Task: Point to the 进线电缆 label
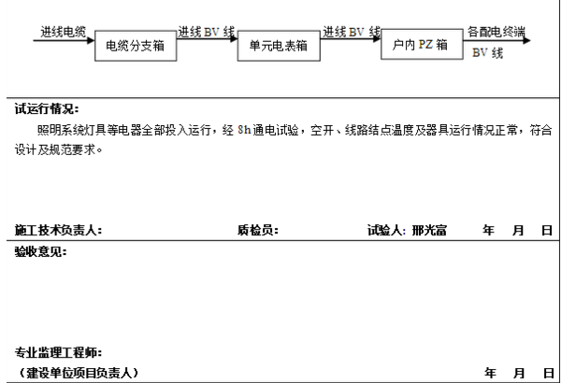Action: click(x=63, y=31)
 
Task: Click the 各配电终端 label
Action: click(x=496, y=31)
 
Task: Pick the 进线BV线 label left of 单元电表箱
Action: click(x=206, y=31)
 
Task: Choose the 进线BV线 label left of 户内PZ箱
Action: click(x=351, y=31)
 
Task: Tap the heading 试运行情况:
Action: click(x=47, y=109)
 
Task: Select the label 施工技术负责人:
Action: click(x=58, y=230)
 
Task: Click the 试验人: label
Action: click(x=387, y=230)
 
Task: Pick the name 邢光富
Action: click(x=429, y=230)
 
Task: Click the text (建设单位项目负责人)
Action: click(x=77, y=373)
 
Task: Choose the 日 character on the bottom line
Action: click(x=547, y=373)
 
